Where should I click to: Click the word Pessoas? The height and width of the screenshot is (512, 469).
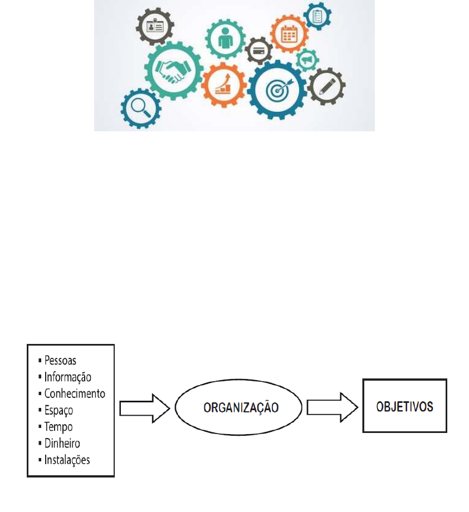pos(61,360)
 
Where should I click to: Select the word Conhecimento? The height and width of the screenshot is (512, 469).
pos(74,393)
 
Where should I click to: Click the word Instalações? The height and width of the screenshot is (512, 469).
pos(67,460)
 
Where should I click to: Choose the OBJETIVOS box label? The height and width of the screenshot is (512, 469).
pos(405,406)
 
